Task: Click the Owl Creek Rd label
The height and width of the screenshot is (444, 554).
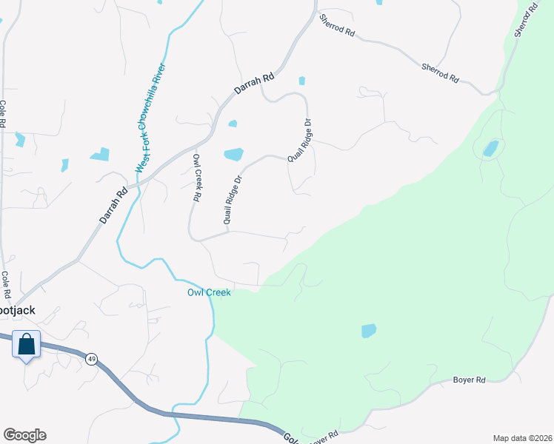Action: point(198,178)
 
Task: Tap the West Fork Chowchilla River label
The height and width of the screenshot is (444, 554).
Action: point(150,119)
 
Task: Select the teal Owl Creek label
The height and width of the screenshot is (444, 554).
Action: point(208,293)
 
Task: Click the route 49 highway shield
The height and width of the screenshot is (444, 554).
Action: point(91,359)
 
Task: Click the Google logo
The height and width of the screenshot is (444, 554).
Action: point(24,435)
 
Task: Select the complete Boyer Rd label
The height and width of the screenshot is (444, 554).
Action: point(469,380)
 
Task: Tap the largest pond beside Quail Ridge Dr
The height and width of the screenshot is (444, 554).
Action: point(233,154)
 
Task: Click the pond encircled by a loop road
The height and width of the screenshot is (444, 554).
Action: point(490,149)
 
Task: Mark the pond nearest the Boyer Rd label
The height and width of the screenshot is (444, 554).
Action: point(369,330)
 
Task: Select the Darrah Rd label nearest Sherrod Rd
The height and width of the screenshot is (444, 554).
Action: point(255,82)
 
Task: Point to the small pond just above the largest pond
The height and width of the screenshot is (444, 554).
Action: point(233,124)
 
